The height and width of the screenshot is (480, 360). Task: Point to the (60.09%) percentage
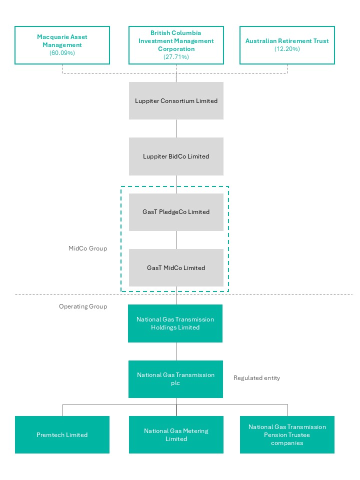point(62,53)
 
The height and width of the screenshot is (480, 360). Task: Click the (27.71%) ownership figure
point(176,57)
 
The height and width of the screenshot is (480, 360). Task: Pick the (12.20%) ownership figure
point(287,49)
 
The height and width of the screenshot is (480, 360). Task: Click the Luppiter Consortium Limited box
point(176,100)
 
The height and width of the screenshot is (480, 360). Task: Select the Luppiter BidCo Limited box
point(176,156)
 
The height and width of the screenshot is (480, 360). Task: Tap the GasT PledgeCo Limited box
point(176,212)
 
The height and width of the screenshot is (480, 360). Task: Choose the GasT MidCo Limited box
point(176,267)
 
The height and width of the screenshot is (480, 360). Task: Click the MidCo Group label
point(87,248)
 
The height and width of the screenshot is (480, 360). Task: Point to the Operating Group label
point(83,306)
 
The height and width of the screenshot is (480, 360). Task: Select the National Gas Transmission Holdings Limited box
point(175,323)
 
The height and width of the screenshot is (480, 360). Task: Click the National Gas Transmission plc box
point(175,379)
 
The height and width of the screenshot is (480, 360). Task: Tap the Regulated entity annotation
point(256,378)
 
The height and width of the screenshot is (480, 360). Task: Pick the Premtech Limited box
point(62,435)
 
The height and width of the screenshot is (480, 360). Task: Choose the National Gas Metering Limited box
point(176,435)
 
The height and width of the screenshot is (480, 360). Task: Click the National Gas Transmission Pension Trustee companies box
point(287,435)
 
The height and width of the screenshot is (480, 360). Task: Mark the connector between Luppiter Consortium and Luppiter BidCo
point(176,128)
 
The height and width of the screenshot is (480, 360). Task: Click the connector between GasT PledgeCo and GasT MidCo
point(176,240)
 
